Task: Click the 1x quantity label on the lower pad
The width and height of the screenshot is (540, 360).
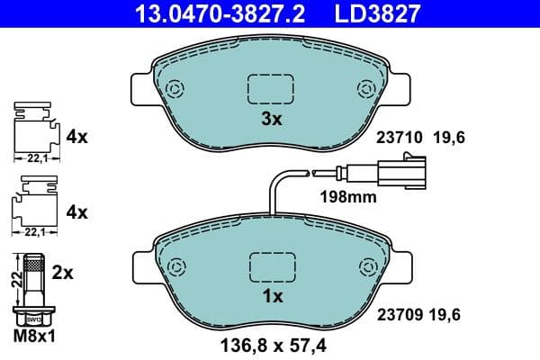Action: click(271, 295)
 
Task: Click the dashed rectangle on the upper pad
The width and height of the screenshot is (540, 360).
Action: click(271, 88)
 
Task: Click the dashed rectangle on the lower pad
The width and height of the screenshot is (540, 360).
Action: click(271, 267)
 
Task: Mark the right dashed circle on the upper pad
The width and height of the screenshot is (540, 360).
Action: click(366, 88)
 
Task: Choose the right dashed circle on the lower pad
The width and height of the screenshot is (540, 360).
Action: click(366, 267)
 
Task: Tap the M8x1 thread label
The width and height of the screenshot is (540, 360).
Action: click(35, 337)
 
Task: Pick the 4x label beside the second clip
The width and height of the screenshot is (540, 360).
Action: click(76, 212)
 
